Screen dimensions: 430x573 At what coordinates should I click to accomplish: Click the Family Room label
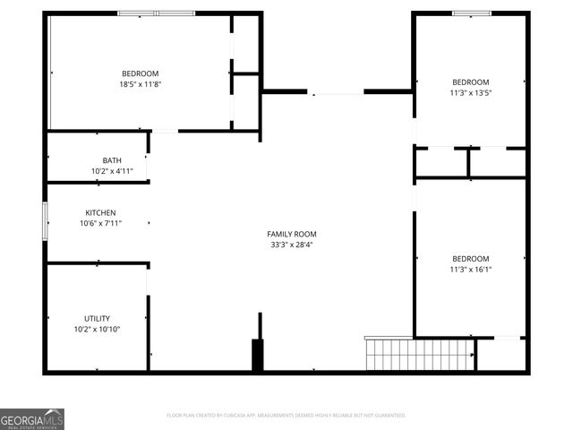pos(292,234)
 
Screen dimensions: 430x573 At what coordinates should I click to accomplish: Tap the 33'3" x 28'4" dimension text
pos(292,245)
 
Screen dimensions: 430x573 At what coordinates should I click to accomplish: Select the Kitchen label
pos(100,213)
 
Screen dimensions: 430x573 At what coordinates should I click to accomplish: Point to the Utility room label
pos(97,319)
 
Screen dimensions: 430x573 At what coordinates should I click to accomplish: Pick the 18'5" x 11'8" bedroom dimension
pos(141,84)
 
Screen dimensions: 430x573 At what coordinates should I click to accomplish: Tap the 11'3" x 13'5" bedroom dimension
pos(470,92)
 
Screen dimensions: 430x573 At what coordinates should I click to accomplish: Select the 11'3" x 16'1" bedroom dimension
pos(470,269)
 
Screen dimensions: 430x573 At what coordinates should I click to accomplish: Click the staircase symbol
pos(418,354)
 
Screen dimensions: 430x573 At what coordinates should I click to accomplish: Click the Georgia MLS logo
pos(32,418)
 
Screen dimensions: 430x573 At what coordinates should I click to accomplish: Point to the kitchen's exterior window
pos(46,220)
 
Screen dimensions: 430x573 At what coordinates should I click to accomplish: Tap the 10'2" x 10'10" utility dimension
pos(98,330)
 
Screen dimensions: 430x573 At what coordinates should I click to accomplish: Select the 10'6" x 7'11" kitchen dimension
pos(100,224)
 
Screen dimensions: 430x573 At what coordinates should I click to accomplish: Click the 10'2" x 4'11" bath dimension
pos(112,171)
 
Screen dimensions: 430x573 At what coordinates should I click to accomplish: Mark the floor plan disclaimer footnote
pos(286,416)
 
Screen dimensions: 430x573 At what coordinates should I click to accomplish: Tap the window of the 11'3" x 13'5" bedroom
pos(471,13)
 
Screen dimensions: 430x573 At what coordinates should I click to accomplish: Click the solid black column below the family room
pos(259,355)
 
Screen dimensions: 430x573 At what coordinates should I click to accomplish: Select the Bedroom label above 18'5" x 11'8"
pos(141,73)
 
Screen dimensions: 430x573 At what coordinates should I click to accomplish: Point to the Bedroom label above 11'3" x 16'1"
pos(470,258)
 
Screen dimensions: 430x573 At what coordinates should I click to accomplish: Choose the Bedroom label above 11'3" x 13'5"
pos(470,82)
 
